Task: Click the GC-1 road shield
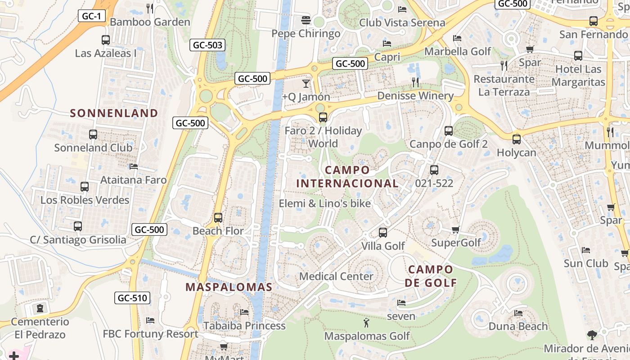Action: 92,16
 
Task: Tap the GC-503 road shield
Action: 207,45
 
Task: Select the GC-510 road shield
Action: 132,298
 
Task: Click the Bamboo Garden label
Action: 150,22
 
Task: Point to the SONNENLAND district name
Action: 114,113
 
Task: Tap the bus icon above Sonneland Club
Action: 93,134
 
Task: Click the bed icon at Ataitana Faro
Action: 134,166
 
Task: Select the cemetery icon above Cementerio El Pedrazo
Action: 40,309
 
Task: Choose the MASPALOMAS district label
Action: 229,287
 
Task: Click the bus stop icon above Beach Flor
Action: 218,218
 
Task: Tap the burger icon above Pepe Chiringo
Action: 306,20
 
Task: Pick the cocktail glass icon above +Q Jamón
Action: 306,83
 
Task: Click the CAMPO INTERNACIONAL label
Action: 347,177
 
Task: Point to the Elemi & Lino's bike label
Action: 325,203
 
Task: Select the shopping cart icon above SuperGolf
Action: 456,230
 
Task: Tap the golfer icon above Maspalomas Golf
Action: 367,322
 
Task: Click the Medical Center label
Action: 336,276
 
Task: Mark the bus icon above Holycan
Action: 517,139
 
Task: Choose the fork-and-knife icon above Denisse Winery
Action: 415,82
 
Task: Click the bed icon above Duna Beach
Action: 518,313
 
